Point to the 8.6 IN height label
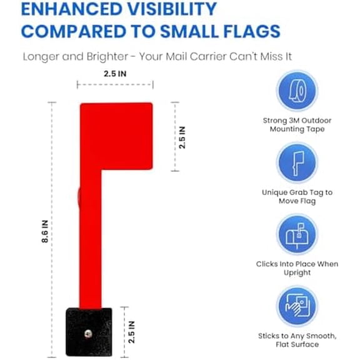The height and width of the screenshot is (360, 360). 45,232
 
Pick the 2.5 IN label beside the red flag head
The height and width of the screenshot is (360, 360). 182,137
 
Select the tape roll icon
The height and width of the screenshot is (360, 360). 297,90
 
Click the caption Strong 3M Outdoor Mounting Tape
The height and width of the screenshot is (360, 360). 297,124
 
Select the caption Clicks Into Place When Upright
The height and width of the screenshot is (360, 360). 297,268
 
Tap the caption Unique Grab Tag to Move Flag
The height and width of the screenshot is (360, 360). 297,196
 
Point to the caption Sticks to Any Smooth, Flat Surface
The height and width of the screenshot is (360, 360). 297,340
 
